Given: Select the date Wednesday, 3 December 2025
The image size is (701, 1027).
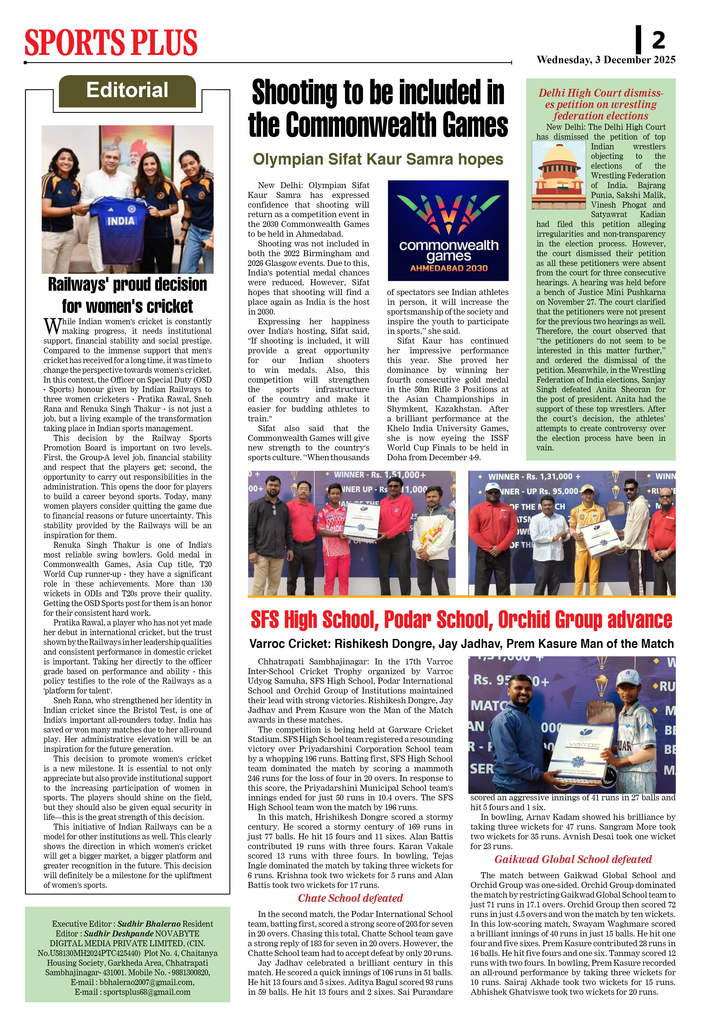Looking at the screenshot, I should click(x=606, y=60).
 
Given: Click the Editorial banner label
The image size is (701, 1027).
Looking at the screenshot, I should click(x=127, y=91).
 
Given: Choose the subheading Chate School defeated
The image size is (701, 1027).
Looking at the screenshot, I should click(x=350, y=898).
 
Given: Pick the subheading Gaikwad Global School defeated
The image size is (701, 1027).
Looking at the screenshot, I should click(x=573, y=859).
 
